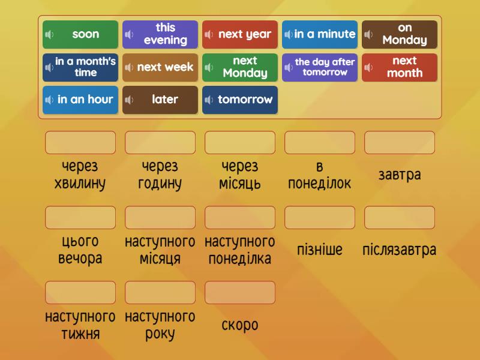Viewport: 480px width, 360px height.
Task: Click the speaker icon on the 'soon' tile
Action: coord(50,35)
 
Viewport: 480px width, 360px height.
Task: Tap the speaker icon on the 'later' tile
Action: coord(130,100)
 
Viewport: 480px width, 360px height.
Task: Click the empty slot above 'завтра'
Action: coord(400,143)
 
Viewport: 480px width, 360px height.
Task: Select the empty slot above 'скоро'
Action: coord(240,292)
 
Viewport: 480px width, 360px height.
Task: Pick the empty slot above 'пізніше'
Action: coord(320,218)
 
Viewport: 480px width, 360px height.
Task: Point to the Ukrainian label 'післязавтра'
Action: coord(400,250)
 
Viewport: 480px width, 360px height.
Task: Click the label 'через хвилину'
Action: coord(80,175)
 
